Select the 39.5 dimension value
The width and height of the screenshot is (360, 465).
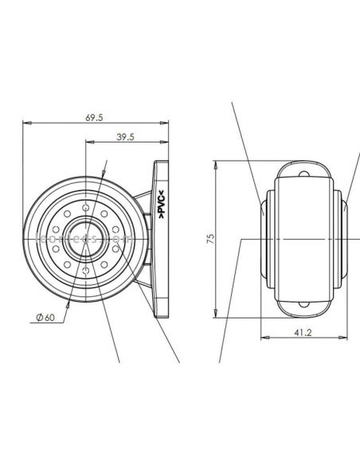click(x=124, y=136)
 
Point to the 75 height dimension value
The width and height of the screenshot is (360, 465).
click(x=209, y=240)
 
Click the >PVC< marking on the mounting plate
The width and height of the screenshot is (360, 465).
click(x=162, y=205)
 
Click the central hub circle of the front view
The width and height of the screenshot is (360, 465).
click(x=84, y=239)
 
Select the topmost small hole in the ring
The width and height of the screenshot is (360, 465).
click(x=84, y=205)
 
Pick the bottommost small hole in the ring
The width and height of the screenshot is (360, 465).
click(x=84, y=272)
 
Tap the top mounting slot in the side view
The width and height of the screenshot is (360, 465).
click(x=303, y=173)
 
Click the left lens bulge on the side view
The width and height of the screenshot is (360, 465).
click(x=263, y=209)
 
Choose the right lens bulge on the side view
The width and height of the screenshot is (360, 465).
click(x=344, y=209)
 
